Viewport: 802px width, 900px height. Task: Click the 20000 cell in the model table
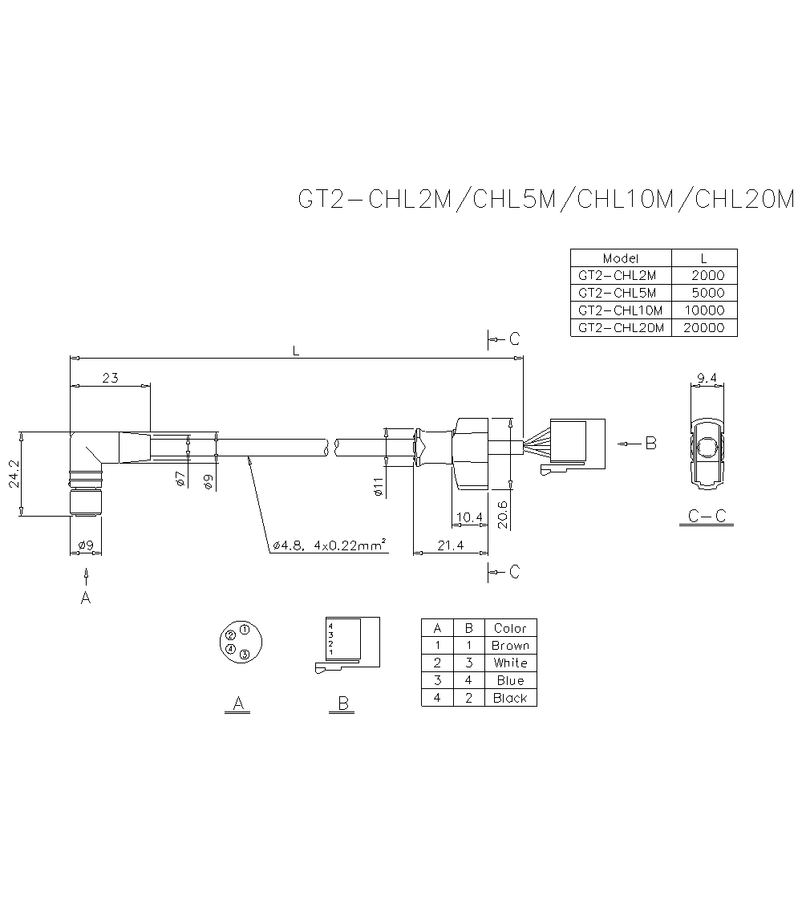pos(703,327)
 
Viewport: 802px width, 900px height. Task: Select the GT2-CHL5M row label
pos(617,293)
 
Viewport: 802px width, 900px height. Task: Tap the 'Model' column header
pos(620,258)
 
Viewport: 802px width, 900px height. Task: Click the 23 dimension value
pos(110,378)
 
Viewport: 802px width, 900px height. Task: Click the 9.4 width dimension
pos(707,378)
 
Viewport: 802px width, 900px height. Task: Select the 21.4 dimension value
pos(450,545)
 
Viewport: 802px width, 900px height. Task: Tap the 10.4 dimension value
pos(468,517)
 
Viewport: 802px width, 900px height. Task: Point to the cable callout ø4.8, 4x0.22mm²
pos(330,545)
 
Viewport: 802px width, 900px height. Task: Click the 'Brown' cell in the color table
pos(510,646)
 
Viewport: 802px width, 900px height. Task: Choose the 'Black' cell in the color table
pos(510,698)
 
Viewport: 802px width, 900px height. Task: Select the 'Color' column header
pos(510,628)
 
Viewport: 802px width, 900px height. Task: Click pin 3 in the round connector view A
pos(245,654)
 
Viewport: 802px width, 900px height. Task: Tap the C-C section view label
pos(707,516)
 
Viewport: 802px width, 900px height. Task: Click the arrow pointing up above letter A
pos(86,575)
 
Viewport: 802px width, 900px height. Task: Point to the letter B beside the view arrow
pos(650,443)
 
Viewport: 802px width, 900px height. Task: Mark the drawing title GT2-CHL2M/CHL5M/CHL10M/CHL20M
pos(545,199)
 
